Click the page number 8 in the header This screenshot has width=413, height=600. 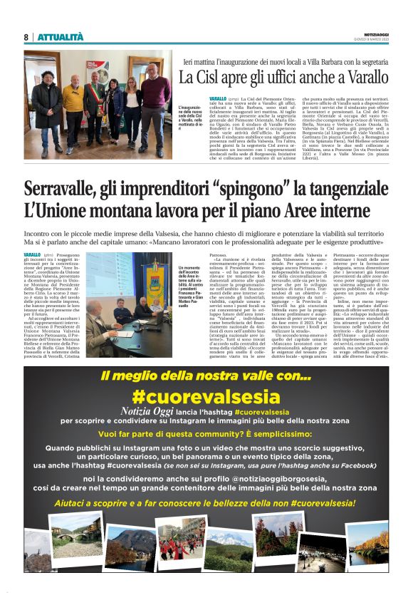pyautogui.click(x=26, y=37)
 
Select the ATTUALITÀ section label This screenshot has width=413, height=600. pyautogui.click(x=60, y=37)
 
